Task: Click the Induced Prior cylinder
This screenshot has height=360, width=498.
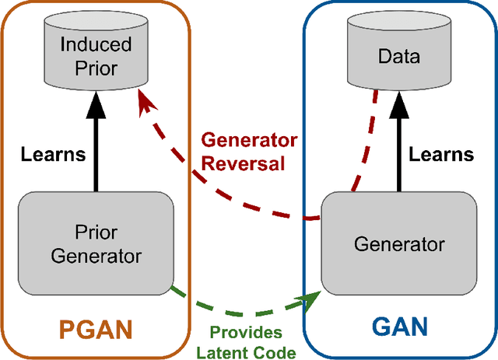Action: [95, 55]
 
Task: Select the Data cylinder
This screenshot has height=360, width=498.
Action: [398, 55]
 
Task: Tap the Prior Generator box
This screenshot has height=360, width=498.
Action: [96, 243]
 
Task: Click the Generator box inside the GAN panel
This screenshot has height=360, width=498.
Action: [399, 243]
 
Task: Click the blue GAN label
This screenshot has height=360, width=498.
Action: [399, 325]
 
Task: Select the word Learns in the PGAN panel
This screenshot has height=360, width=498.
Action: [54, 154]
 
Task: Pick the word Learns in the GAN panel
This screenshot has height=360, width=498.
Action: [441, 154]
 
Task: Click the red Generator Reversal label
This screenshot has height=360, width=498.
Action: [249, 152]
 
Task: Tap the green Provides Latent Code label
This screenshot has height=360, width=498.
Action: [246, 341]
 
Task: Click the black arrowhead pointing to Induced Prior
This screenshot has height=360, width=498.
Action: [96, 99]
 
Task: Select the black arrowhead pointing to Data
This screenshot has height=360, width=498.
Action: [399, 99]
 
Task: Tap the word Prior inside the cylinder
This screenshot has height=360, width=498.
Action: [96, 68]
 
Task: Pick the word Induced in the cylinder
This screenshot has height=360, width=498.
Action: [96, 45]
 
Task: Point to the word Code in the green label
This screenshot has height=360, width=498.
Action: [276, 352]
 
